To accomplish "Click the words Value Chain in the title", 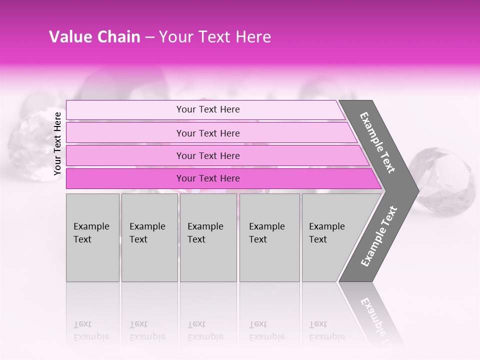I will (94, 37).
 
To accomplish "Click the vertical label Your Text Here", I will (57, 143).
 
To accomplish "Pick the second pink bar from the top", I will (125, 133).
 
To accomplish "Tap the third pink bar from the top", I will (125, 155).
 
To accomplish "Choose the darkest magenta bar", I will (125, 178).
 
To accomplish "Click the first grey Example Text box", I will (92, 237).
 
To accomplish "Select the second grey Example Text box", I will (149, 237).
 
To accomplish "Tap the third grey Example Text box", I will (208, 237).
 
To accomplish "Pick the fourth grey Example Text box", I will (269, 237).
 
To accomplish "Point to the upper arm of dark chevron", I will (378, 142).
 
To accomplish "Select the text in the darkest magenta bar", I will (208, 178).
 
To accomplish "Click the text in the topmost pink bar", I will (208, 109).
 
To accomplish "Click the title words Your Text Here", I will (215, 37).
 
